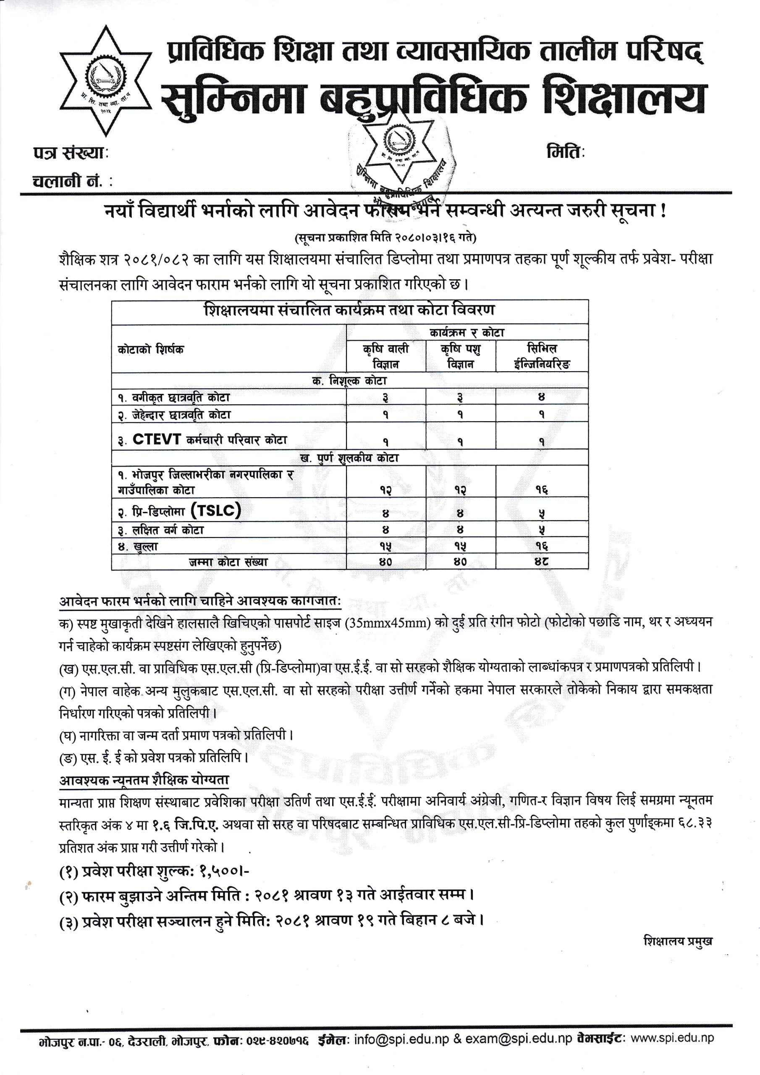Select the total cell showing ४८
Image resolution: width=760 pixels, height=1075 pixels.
click(541, 561)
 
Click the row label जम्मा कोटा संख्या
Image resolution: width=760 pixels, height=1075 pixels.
click(228, 562)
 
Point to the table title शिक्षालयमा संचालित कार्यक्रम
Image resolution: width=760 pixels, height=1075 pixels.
click(349, 310)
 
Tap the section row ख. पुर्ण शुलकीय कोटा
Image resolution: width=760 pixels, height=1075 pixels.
click(349, 458)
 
